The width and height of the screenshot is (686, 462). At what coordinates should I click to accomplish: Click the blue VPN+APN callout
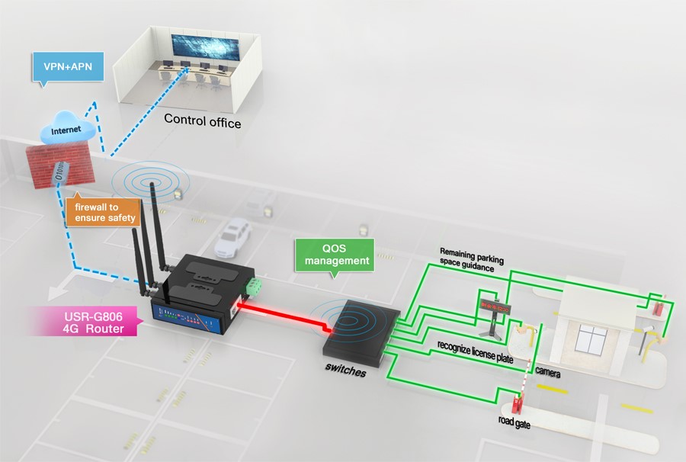68,67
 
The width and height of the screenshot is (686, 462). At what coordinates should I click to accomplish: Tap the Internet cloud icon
66,128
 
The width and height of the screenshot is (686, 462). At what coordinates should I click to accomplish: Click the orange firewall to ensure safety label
103,212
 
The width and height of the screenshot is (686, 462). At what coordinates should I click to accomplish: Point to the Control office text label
203,120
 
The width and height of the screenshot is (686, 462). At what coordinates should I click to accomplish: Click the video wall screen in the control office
205,48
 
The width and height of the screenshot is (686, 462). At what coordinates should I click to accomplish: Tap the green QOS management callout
335,255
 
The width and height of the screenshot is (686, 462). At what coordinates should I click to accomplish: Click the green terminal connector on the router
255,285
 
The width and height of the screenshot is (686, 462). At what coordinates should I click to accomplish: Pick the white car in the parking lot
233,238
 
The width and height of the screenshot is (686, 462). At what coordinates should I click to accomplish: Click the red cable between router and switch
284,316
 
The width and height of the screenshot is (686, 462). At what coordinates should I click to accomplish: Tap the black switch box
361,333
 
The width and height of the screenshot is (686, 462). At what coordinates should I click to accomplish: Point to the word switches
345,370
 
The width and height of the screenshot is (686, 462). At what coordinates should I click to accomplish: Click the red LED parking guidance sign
495,306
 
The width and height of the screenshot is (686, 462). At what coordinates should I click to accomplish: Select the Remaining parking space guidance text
472,260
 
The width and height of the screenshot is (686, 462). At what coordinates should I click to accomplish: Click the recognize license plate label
475,352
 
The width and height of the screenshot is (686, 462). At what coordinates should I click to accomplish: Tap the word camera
547,371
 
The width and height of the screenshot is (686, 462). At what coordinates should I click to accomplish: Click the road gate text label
514,422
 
